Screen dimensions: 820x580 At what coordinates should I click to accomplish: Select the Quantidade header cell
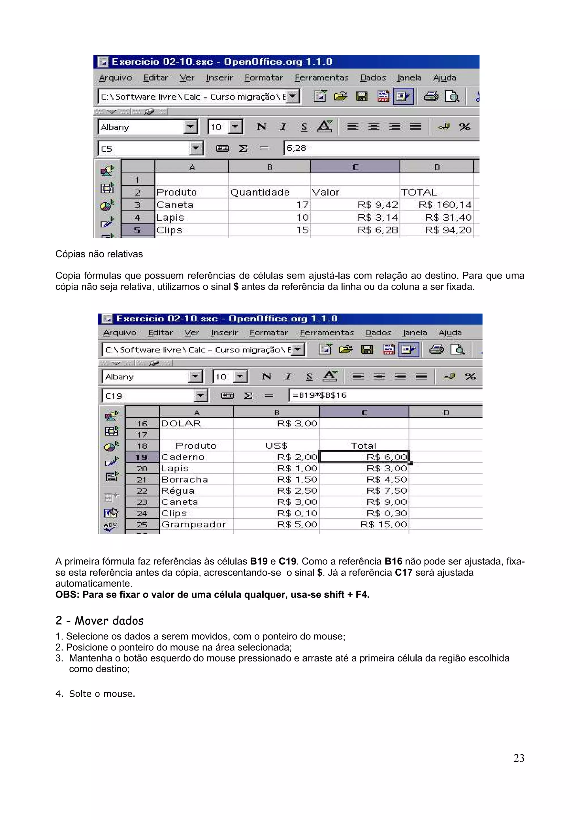[x=260, y=192]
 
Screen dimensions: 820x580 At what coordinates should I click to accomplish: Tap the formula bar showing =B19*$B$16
[x=382, y=395]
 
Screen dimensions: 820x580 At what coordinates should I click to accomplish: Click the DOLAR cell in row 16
[x=181, y=424]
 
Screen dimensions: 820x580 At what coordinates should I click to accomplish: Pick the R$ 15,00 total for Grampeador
[x=383, y=524]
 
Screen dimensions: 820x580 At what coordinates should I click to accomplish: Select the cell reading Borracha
[x=184, y=479]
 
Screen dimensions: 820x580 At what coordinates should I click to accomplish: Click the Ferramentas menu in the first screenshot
[x=321, y=78]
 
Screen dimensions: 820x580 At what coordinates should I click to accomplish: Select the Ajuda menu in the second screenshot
[x=450, y=332]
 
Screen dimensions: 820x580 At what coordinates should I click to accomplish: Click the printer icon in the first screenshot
[x=431, y=96]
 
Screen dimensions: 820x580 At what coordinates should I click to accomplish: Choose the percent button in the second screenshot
[x=470, y=376]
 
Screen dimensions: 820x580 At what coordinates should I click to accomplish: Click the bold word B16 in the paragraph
[x=393, y=561]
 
